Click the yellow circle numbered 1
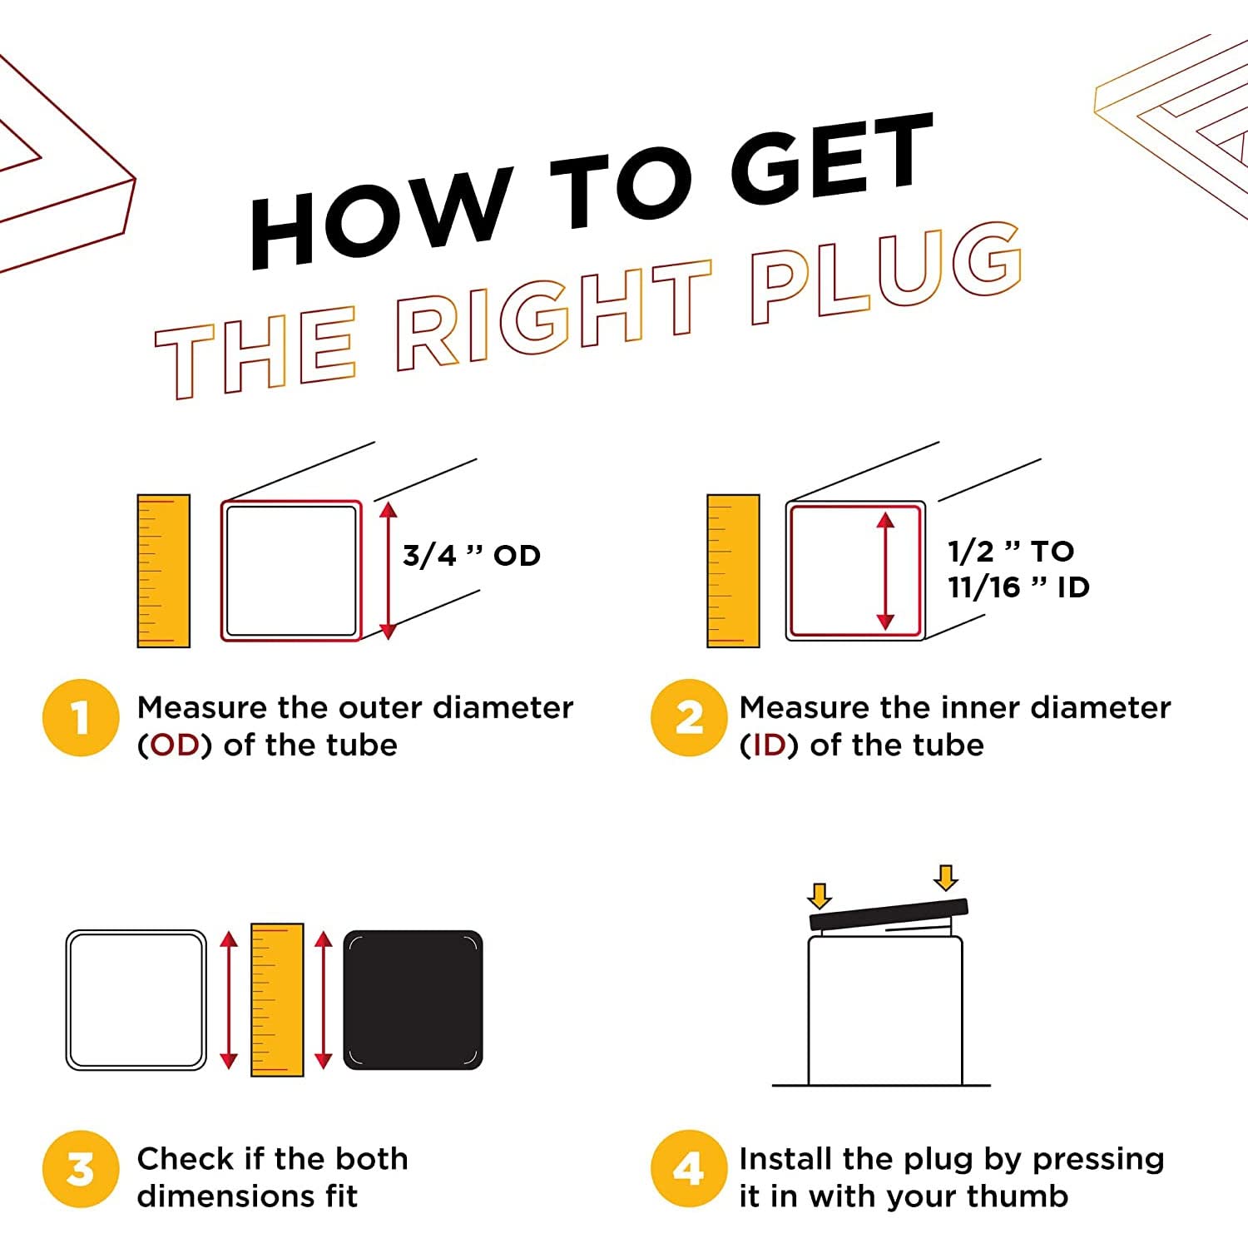click(x=81, y=718)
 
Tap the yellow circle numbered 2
click(x=689, y=718)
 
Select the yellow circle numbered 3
click(x=81, y=1169)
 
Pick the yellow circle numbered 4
click(x=689, y=1169)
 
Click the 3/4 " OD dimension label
click(x=471, y=555)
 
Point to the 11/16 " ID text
click(x=1018, y=587)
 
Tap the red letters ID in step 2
click(x=769, y=745)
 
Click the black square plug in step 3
click(x=413, y=1000)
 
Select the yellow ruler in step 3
click(x=277, y=999)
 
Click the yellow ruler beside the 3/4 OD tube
click(x=164, y=571)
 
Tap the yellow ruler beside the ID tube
click(x=733, y=571)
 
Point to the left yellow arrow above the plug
click(x=820, y=896)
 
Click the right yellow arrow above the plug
click(x=946, y=878)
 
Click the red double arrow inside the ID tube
click(x=885, y=571)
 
